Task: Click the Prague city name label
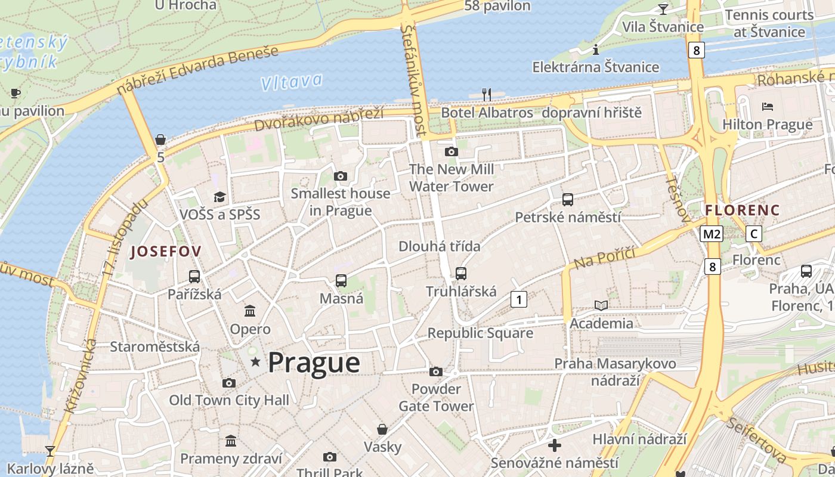[314, 363]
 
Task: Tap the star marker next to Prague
[255, 362]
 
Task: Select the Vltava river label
[292, 82]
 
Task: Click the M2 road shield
[712, 234]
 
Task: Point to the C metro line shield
[754, 234]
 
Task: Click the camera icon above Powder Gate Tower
[436, 372]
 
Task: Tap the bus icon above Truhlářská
[461, 274]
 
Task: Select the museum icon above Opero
[250, 311]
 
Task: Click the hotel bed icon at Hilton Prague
[768, 107]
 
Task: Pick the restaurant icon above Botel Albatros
[487, 94]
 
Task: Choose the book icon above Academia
[601, 306]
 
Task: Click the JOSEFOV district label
[166, 251]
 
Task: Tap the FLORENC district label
[742, 210]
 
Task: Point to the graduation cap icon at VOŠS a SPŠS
[220, 197]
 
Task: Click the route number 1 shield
[519, 299]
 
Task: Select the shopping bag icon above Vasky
[382, 429]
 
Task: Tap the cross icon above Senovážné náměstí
[555, 445]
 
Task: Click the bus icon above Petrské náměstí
[568, 200]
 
